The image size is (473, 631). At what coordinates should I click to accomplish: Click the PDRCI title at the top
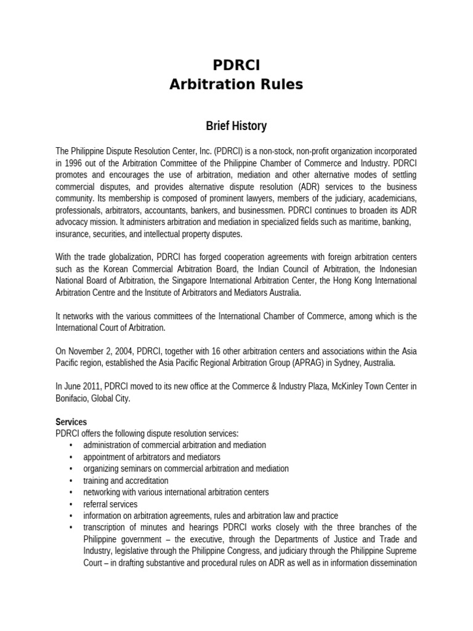[236, 65]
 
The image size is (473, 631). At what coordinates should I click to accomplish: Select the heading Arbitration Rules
[236, 84]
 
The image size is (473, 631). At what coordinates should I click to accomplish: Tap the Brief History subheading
[236, 126]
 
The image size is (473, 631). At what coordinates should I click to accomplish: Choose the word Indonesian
[394, 269]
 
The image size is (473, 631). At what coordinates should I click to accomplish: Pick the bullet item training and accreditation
[126, 480]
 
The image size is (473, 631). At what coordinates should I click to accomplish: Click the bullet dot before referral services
[71, 504]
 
